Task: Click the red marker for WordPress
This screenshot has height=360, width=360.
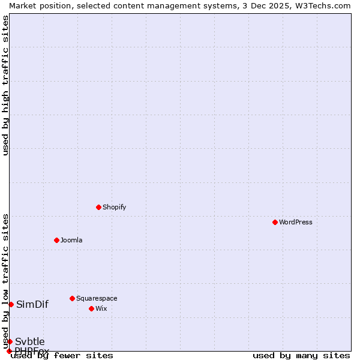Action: [275, 222]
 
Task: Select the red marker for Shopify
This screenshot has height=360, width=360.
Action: [98, 207]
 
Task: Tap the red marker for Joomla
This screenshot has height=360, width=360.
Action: [56, 240]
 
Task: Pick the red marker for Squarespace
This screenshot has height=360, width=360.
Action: [72, 298]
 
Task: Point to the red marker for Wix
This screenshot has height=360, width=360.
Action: [91, 308]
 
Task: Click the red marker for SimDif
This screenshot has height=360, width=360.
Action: [11, 304]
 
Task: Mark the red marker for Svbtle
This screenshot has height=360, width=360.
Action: [10, 341]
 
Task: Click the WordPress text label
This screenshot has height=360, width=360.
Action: [296, 222]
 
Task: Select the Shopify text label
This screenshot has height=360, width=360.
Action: [114, 207]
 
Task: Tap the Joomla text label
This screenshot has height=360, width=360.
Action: [71, 240]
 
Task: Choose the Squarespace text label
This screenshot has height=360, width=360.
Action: [97, 298]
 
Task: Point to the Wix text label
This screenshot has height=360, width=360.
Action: [101, 308]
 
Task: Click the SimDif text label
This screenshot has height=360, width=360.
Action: [32, 304]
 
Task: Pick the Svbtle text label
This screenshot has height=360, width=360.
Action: [30, 341]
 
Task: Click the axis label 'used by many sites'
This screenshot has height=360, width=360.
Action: [301, 355]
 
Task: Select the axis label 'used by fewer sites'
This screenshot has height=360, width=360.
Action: [62, 355]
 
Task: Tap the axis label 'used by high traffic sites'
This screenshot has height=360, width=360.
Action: [5, 86]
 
